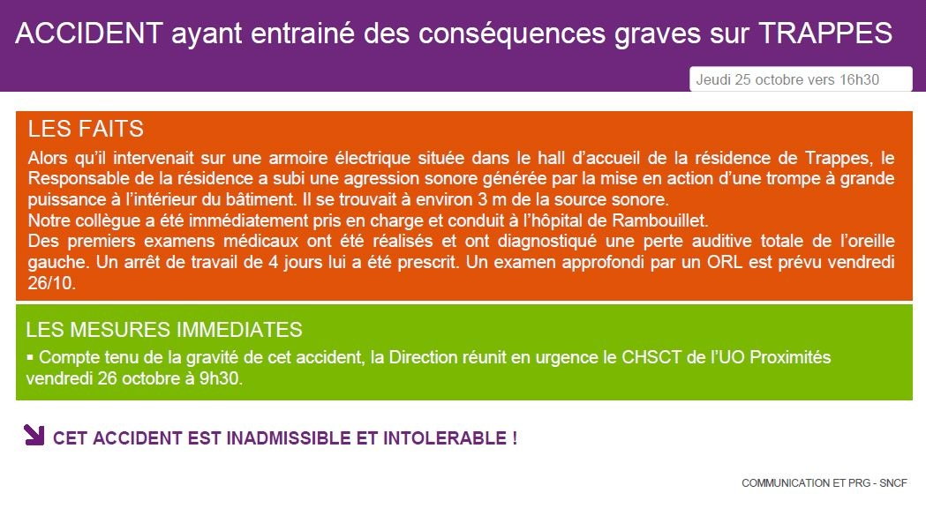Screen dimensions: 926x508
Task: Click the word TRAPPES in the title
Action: (x=825, y=33)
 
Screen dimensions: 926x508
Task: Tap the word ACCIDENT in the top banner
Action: (x=89, y=33)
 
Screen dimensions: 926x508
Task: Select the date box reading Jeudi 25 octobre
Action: (x=801, y=79)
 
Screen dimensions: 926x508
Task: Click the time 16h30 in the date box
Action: (x=859, y=79)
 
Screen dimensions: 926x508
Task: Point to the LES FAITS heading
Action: (x=86, y=129)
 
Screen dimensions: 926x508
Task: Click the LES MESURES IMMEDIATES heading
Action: (x=164, y=329)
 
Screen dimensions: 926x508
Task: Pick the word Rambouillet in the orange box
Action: (x=659, y=220)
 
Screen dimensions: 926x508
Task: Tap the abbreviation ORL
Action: (x=725, y=262)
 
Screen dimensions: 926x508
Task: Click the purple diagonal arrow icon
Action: (x=34, y=434)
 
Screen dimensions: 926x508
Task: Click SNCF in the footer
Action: (x=893, y=483)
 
